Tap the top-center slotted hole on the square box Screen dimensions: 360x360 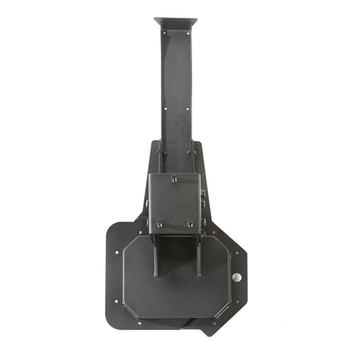[x=174, y=179]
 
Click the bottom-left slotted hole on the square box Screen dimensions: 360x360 [x=159, y=224]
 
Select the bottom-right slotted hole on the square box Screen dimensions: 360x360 [x=190, y=224]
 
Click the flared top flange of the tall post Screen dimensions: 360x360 [x=175, y=21]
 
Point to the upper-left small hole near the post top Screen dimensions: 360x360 [x=164, y=33]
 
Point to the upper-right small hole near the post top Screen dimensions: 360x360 [x=188, y=33]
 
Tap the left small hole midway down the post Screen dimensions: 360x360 [x=165, y=108]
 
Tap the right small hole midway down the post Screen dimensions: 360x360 [x=188, y=108]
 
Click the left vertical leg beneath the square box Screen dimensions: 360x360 [x=155, y=259]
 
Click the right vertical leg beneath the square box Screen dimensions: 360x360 [x=198, y=259]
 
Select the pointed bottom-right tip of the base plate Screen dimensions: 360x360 [x=208, y=333]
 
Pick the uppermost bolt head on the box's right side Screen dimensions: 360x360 [x=203, y=193]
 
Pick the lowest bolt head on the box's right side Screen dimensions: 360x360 [x=203, y=234]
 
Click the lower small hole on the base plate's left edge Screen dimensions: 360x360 [x=117, y=301]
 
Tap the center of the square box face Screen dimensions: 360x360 [x=174, y=202]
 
